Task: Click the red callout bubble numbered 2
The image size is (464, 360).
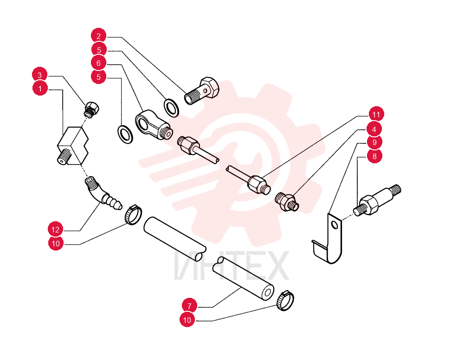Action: pyautogui.click(x=98, y=36)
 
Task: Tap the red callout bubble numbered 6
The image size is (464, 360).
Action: pyautogui.click(x=98, y=63)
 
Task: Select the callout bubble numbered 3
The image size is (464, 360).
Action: pyautogui.click(x=39, y=75)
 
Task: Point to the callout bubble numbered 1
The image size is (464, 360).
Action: pyautogui.click(x=40, y=89)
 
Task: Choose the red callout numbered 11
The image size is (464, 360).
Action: pyautogui.click(x=376, y=114)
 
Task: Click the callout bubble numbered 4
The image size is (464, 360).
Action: pyautogui.click(x=374, y=129)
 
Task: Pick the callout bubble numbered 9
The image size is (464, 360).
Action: pyautogui.click(x=374, y=142)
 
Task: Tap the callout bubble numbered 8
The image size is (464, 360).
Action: pyautogui.click(x=374, y=156)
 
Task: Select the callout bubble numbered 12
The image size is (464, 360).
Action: pyautogui.click(x=55, y=229)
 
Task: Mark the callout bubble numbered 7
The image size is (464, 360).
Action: pyautogui.click(x=189, y=306)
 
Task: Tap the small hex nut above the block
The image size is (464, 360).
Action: pyautogui.click(x=91, y=109)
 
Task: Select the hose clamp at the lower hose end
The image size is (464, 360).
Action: pyautogui.click(x=285, y=301)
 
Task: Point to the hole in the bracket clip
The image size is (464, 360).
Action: pyautogui.click(x=335, y=225)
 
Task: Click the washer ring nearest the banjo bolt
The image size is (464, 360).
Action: pyautogui.click(x=171, y=108)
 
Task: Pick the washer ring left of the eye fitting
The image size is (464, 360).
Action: pyautogui.click(x=125, y=134)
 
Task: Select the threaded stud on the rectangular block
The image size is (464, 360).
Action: pyautogui.click(x=64, y=156)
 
